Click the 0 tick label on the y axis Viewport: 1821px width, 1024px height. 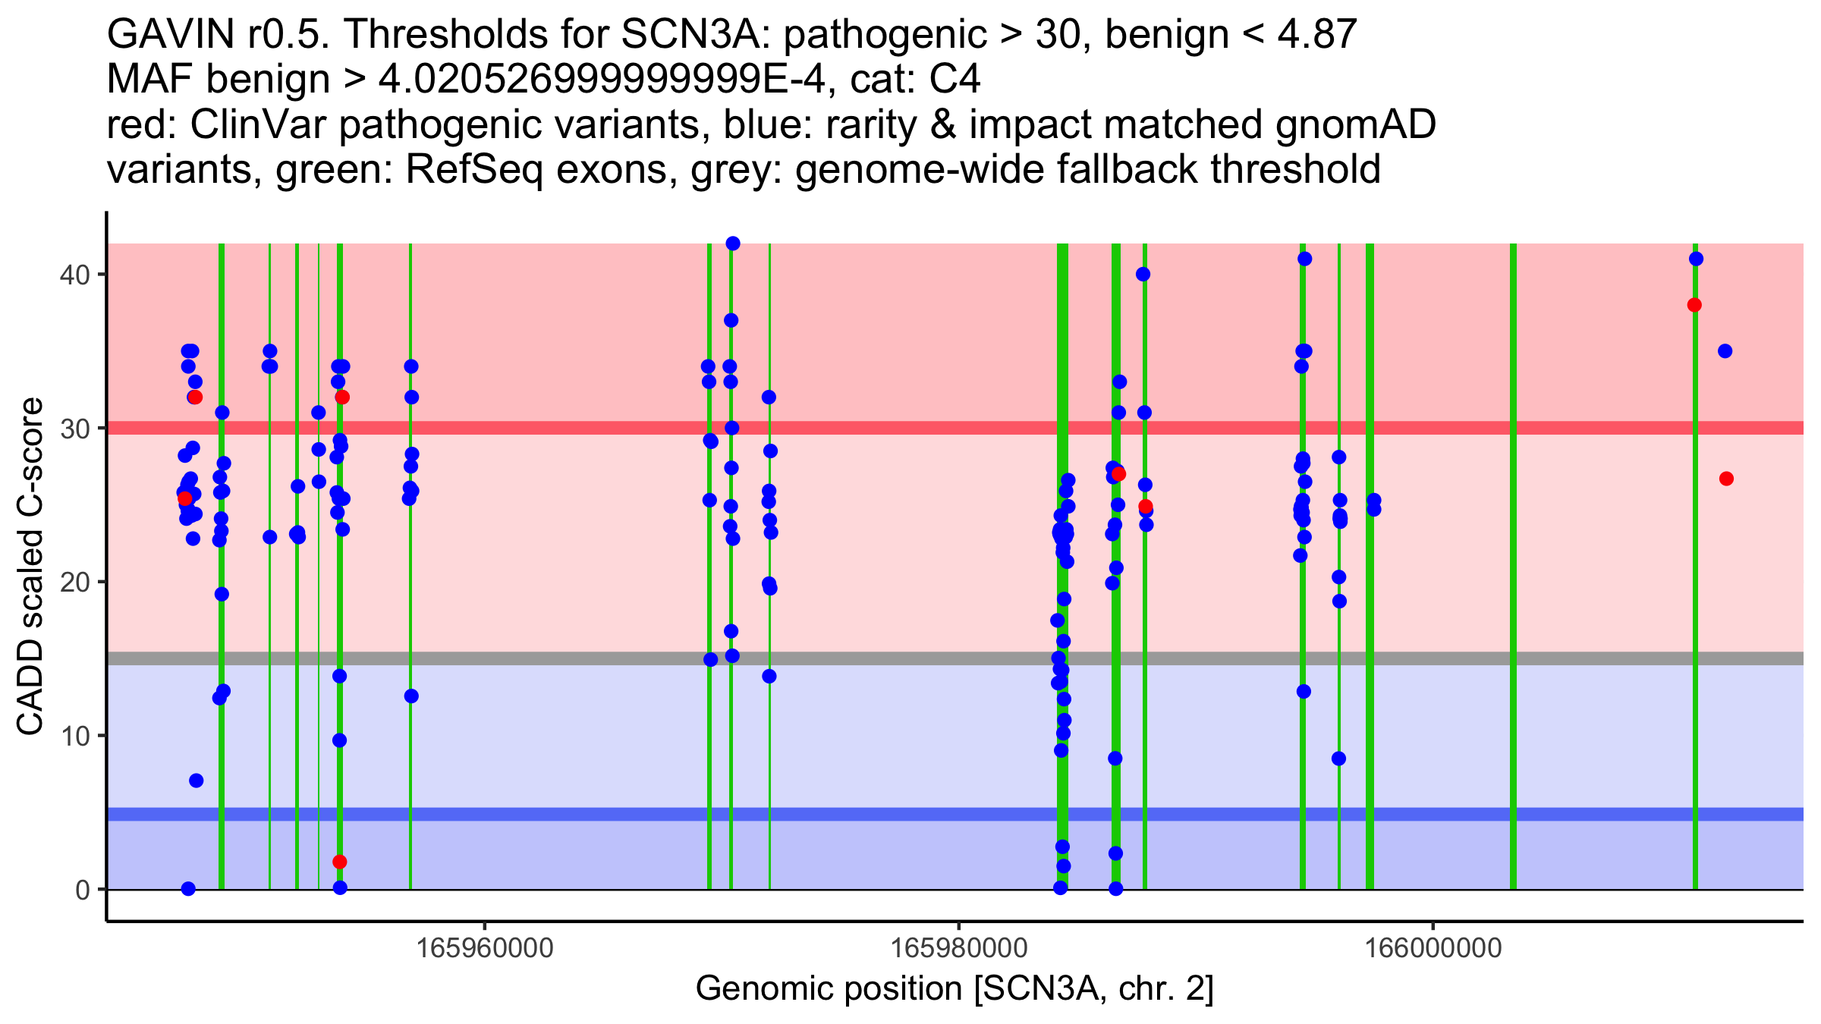pos(83,890)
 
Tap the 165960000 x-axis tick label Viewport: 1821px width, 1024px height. pos(486,947)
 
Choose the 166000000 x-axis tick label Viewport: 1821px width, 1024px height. pos(1433,947)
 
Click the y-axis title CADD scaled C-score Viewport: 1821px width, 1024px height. pos(30,567)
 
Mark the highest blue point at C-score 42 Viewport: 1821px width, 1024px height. pos(733,243)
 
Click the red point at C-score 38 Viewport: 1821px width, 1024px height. pos(1694,305)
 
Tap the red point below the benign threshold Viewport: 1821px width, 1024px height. pos(340,862)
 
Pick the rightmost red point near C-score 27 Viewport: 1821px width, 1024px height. pos(1726,479)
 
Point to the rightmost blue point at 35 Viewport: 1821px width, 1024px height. pos(1725,351)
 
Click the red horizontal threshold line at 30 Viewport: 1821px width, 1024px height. pos(910,428)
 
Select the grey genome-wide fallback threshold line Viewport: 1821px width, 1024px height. pos(910,658)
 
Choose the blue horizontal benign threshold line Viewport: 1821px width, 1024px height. pos(910,814)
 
